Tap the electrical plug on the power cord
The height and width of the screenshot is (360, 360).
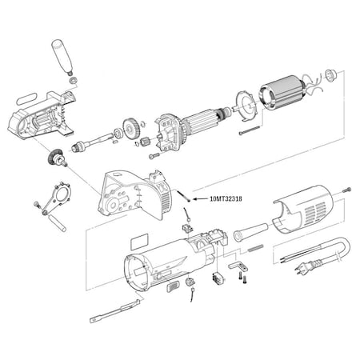coord(302,270)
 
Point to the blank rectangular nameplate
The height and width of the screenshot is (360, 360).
coord(138,239)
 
